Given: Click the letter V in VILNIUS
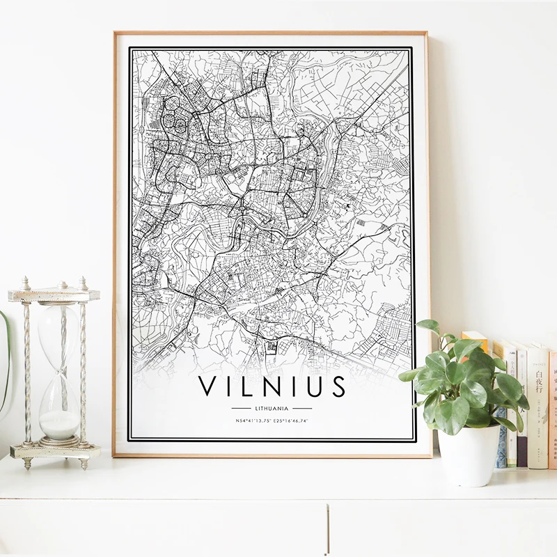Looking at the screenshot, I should pyautogui.click(x=209, y=386).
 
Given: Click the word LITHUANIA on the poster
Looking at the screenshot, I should pyautogui.click(x=272, y=408).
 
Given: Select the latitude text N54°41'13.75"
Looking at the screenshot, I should pyautogui.click(x=252, y=421).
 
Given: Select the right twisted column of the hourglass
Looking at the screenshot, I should pyautogui.click(x=83, y=369).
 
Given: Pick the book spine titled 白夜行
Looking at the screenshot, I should pyautogui.click(x=538, y=404).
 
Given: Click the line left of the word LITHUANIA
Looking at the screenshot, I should pyautogui.click(x=240, y=408).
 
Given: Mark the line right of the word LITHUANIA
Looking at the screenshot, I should pyautogui.click(x=302, y=408).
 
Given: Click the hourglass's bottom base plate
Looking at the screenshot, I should pyautogui.click(x=56, y=450).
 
